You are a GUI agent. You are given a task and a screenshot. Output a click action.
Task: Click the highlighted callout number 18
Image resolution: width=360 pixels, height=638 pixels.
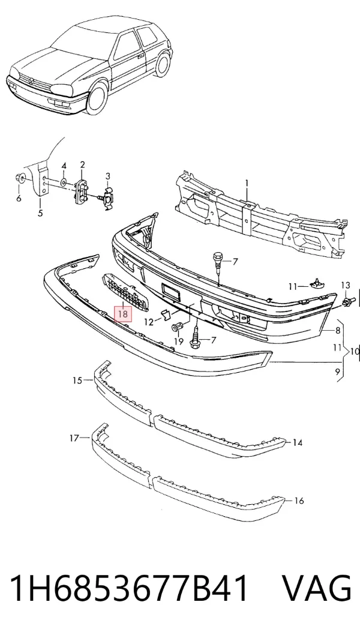coord(123,314)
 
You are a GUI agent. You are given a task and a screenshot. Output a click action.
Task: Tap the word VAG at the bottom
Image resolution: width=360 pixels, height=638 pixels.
coord(316,588)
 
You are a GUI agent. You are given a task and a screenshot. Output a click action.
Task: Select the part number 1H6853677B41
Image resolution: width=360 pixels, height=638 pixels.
coord(129,588)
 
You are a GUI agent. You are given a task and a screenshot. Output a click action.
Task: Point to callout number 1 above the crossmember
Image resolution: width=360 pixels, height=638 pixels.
coord(246,184)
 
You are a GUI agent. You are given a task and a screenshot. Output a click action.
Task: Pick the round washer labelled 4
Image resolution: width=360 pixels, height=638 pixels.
coord(64,181)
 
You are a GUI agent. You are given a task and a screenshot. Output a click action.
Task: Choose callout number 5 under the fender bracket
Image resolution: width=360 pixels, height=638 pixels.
coord(40,213)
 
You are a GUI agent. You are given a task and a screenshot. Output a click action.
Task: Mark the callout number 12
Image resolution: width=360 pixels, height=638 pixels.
coord(149,322)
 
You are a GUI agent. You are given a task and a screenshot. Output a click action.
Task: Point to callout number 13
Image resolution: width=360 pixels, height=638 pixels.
coord(345,285)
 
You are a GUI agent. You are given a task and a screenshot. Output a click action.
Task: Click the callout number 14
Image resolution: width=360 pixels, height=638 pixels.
coord(298,443)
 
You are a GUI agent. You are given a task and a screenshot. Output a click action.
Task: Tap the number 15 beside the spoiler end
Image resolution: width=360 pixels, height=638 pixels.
coord(77,381)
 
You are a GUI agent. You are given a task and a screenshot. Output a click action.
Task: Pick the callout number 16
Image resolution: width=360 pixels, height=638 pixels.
coord(299,501)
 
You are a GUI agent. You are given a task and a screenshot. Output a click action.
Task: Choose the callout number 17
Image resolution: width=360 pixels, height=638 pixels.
coord(74,438)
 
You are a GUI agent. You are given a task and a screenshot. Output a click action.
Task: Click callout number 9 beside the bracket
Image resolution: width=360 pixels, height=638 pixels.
coord(337,371)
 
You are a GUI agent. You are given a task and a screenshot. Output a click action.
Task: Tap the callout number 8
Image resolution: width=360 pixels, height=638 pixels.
coord(338,331)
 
